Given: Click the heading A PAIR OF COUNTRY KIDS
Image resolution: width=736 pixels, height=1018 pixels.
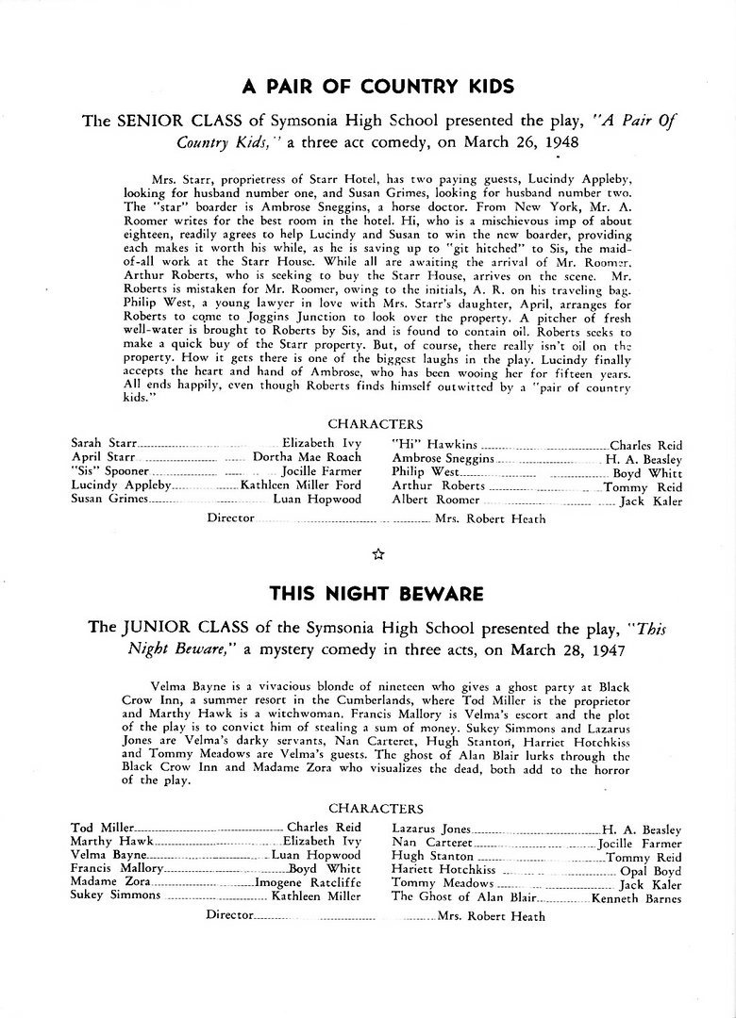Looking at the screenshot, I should (x=377, y=88).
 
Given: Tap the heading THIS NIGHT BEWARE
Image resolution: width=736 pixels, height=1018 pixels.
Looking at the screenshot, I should (x=376, y=594).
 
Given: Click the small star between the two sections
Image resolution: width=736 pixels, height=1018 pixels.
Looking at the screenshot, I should (x=377, y=555).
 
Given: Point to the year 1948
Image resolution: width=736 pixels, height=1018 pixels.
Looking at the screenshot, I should (x=557, y=142).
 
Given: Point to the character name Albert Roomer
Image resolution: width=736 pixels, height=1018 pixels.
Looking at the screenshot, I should (x=436, y=500).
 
